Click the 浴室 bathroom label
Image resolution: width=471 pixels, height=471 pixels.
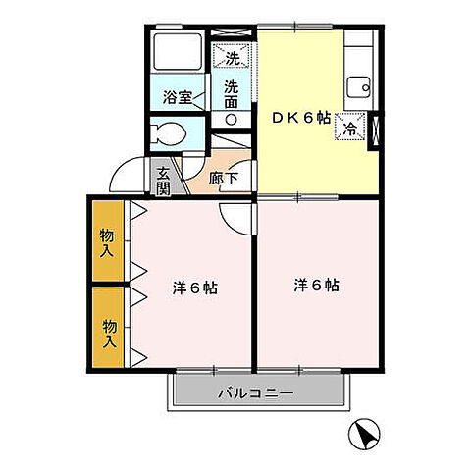coord(177,98)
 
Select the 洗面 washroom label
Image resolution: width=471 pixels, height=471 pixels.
coord(232,93)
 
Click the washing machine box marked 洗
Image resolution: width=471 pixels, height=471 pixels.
coord(233,56)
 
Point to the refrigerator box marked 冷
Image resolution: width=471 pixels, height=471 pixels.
coord(349,125)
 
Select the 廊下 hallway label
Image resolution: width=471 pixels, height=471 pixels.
coord(224,180)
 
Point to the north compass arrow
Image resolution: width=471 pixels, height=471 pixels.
coord(363,432)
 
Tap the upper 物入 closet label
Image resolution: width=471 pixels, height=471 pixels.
coord(107,241)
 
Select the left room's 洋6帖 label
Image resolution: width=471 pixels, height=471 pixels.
coord(194,289)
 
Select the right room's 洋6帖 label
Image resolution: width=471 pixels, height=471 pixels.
coord(316,286)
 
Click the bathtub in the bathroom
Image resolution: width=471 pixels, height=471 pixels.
coord(177,57)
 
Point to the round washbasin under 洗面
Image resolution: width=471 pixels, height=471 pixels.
coord(232,119)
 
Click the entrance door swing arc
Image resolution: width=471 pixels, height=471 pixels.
coord(128,174)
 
